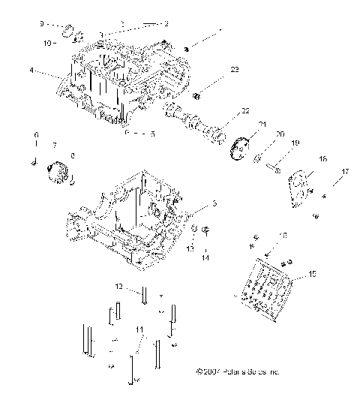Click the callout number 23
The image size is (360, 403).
coord(235,70)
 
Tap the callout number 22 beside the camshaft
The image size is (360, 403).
coord(244,112)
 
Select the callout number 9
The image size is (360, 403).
coord(42,24)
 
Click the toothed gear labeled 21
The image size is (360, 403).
coord(240,147)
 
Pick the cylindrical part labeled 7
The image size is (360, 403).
coord(58,169)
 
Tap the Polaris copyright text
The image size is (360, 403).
coord(236,371)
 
